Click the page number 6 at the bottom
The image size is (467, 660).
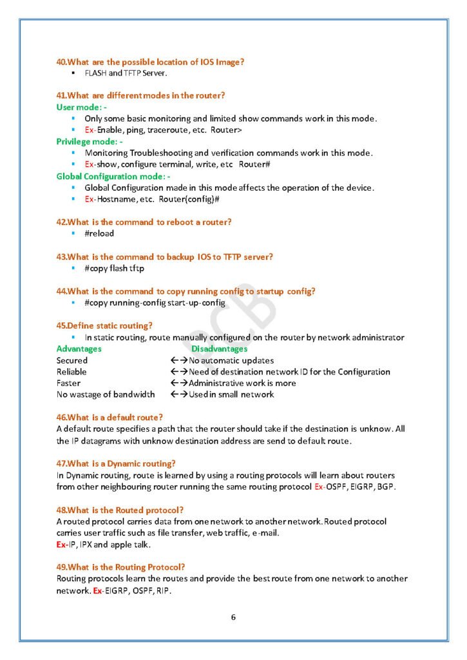tap(233, 617)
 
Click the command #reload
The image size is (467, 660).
tap(99, 233)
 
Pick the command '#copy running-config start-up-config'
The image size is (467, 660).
tap(155, 302)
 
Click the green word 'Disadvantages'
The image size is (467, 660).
tap(219, 349)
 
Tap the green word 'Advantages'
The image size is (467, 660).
tap(79, 349)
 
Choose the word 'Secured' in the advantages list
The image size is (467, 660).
tap(71, 360)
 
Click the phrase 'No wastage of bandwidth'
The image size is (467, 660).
tap(106, 394)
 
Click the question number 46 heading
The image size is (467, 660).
tap(110, 417)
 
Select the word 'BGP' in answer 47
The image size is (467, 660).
tap(386, 487)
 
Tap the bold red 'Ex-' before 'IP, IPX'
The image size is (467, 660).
tap(62, 545)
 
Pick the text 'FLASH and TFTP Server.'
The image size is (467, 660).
tap(126, 73)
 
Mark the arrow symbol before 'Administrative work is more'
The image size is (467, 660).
tap(178, 383)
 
